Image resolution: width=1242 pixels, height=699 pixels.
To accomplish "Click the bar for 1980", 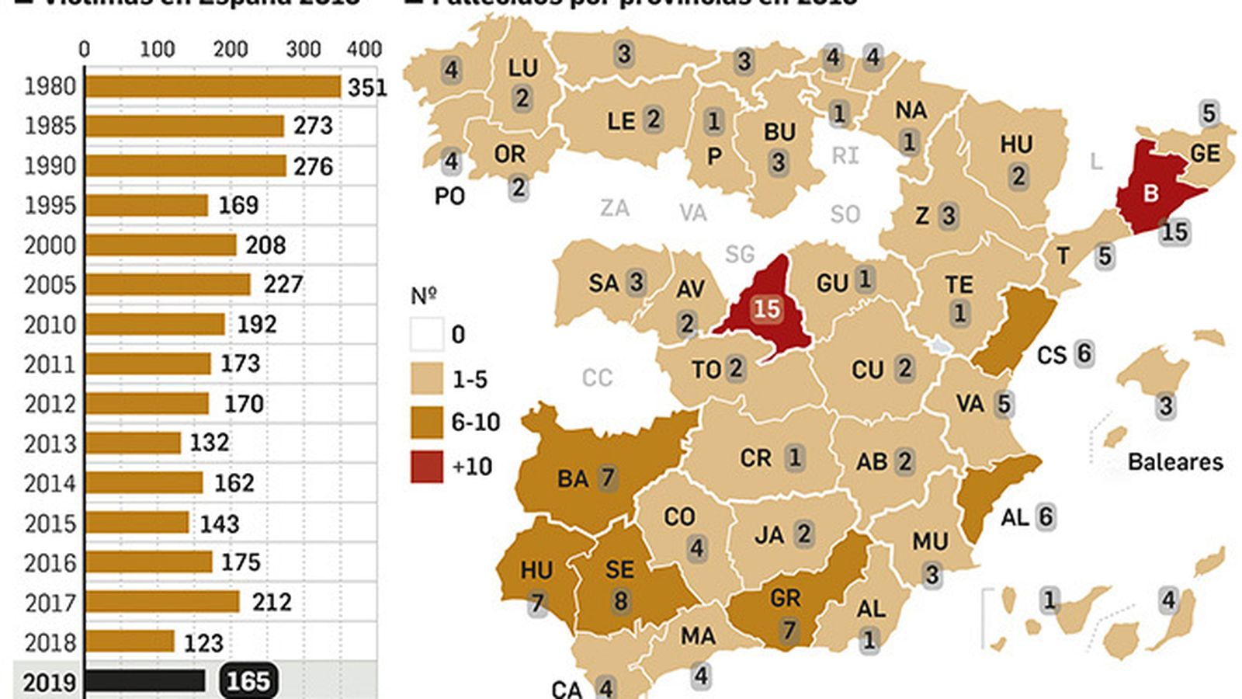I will tap(213, 87).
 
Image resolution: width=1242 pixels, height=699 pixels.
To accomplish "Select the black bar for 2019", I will tap(145, 681).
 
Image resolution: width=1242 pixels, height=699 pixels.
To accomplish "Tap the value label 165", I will tap(248, 681).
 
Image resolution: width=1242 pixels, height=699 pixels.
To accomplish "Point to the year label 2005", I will tap(50, 285).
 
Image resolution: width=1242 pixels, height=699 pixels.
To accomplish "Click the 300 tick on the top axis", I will tap(303, 49).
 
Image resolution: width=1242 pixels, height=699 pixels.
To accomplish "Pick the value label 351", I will tap(367, 87).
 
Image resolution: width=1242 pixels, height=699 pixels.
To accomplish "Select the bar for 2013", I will tap(133, 443).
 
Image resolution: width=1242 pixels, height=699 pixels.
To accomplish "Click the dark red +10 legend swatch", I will tap(427, 467).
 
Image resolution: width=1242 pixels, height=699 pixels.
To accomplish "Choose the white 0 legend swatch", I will tap(427, 335).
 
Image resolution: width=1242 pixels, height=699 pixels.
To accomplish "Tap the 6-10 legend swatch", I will tap(427, 423).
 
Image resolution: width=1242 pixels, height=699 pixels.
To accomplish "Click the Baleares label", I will tap(1174, 462).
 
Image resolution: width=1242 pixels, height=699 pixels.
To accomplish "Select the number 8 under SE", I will tap(619, 601).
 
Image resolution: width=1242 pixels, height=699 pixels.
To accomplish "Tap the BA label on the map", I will tap(573, 478).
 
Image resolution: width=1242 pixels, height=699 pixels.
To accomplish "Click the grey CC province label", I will tap(597, 378).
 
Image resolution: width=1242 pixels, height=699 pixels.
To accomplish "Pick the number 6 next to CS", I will tap(1084, 353).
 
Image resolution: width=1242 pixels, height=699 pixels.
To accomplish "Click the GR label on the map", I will tap(785, 598).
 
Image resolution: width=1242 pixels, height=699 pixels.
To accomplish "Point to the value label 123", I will tap(203, 642).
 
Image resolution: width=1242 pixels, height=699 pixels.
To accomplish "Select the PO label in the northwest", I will tap(449, 196).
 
